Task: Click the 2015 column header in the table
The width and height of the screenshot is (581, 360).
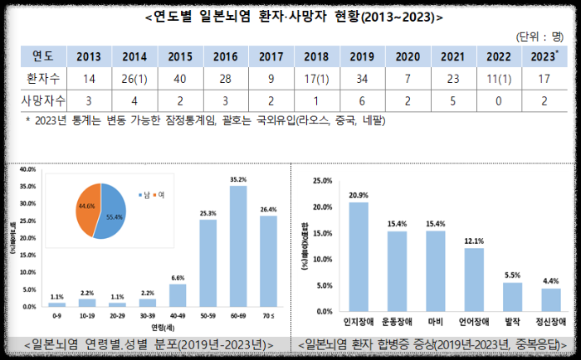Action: [x=178, y=56]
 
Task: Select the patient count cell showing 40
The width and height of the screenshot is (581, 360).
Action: [x=178, y=80]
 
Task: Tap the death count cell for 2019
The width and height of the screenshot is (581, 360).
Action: [x=361, y=101]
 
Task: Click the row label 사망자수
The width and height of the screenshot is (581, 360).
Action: [x=43, y=101]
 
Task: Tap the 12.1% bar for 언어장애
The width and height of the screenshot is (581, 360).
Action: [x=474, y=278]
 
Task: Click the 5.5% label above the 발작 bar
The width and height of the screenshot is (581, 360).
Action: [x=513, y=275]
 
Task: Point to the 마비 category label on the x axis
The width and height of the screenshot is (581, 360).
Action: [x=436, y=320]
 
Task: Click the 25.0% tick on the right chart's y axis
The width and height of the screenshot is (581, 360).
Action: [x=320, y=180]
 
